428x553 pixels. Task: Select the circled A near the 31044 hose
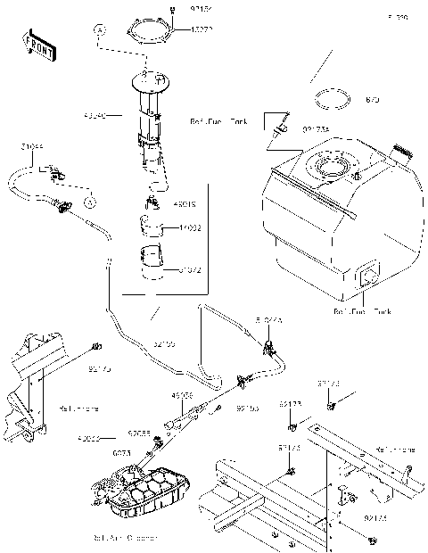tap(90, 203)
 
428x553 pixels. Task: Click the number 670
tap(372, 101)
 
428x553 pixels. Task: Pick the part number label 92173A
tap(316, 129)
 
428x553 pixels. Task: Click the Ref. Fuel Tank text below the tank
tap(362, 311)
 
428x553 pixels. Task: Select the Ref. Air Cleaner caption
tap(125, 538)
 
